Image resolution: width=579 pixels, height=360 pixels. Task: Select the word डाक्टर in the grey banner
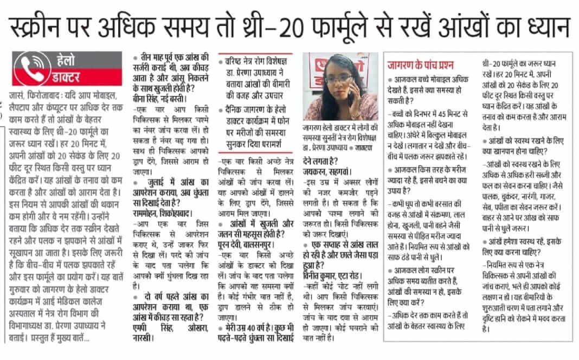pyautogui.click(x=68, y=76)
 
